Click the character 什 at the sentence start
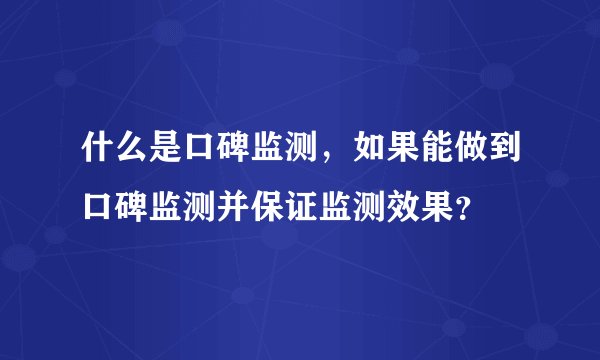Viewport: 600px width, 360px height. pos(84,155)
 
